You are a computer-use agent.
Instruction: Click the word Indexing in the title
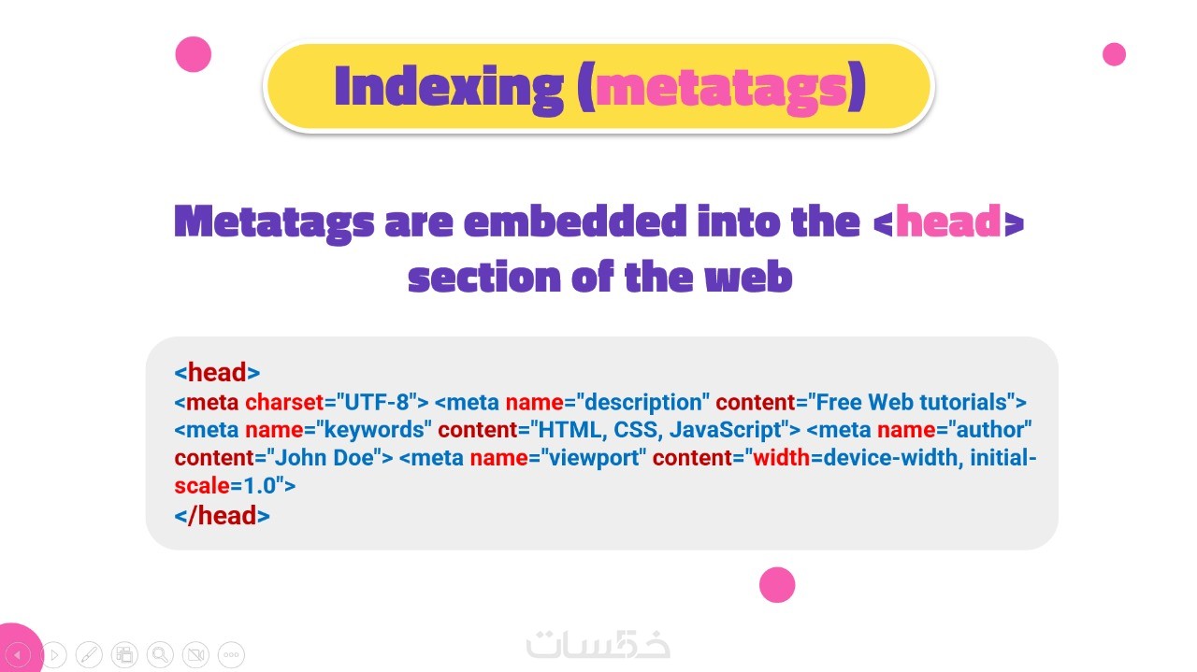449,88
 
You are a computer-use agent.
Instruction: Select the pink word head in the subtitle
948,221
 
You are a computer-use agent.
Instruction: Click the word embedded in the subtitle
575,221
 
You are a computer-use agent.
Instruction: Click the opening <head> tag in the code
217,372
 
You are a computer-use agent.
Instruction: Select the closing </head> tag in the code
222,516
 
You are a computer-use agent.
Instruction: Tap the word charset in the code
284,402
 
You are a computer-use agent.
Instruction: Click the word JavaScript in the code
725,430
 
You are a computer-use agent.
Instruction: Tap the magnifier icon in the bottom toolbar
160,654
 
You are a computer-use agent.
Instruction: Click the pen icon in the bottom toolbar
89,654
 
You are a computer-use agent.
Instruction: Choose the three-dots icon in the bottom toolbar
231,654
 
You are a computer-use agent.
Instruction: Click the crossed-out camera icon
195,654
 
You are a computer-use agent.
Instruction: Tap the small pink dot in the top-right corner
1114,54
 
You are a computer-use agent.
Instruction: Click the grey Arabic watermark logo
598,644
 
